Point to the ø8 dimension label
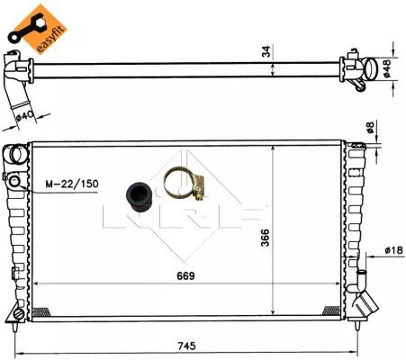[371, 130]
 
